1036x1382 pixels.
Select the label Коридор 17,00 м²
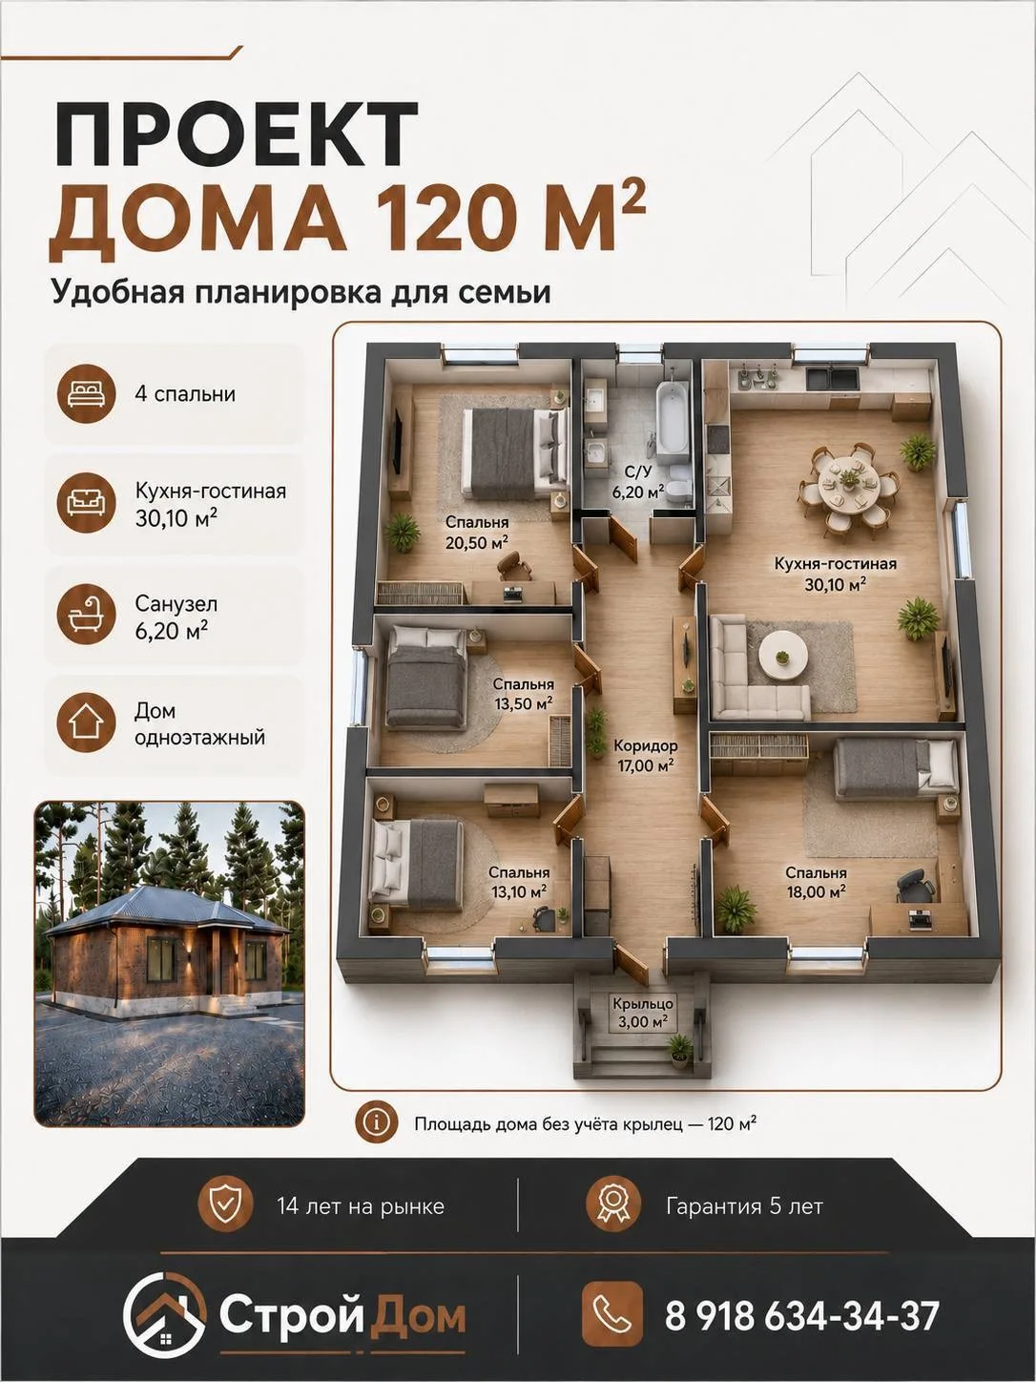click(x=645, y=756)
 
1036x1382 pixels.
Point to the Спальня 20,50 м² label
click(x=477, y=532)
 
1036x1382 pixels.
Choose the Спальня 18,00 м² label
click(x=816, y=882)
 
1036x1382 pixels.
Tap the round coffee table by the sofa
click(x=782, y=657)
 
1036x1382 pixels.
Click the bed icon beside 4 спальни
click(x=86, y=393)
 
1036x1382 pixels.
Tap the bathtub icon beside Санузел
click(x=86, y=615)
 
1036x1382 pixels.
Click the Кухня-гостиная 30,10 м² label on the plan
click(x=836, y=574)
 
